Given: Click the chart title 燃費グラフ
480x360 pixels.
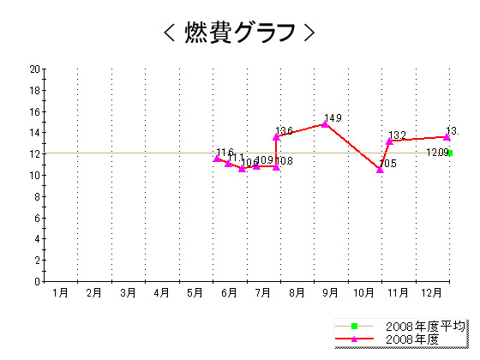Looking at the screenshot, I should point(239,32).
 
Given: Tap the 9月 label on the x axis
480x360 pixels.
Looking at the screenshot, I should point(330,293).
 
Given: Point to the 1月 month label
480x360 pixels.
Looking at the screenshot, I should point(60,293).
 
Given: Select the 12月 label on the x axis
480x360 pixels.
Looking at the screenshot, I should point(432,293).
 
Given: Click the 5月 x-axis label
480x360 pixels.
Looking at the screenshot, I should point(195,293).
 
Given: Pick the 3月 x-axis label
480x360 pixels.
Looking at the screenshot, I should point(128,293).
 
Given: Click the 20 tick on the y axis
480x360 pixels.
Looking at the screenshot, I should point(34,69).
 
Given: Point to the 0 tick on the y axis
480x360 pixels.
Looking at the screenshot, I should point(37,281).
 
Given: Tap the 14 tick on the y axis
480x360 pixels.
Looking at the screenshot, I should point(34,133).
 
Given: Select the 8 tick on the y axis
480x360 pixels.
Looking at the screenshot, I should point(37,196).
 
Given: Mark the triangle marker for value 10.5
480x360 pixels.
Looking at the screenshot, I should point(380,170).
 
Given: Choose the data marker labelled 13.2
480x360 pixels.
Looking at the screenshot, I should point(389,141).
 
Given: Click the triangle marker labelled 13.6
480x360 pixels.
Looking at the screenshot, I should point(276,136).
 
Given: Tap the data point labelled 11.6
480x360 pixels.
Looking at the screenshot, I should point(217,158).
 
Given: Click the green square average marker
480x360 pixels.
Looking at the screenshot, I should point(450,153).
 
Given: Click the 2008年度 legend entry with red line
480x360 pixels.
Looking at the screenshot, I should point(412,339).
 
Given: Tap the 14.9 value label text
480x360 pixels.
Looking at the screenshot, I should point(333,118).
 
